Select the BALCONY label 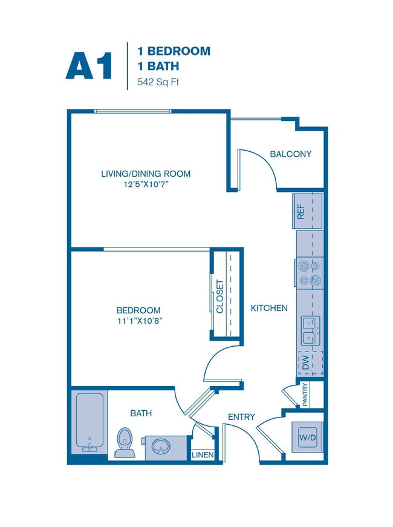tap(290, 154)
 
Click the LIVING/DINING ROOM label tap(145, 174)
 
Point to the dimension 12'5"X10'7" tap(145, 185)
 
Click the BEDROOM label tap(139, 310)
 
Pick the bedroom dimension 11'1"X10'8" tap(139, 321)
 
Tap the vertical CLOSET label tap(220, 296)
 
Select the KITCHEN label tap(269, 308)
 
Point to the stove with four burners tap(309, 272)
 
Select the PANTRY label tap(305, 394)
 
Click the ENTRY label tap(241, 417)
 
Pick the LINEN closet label tap(203, 455)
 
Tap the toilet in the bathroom tap(125, 443)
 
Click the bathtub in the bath tap(89, 422)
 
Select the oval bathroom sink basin tap(161, 447)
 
